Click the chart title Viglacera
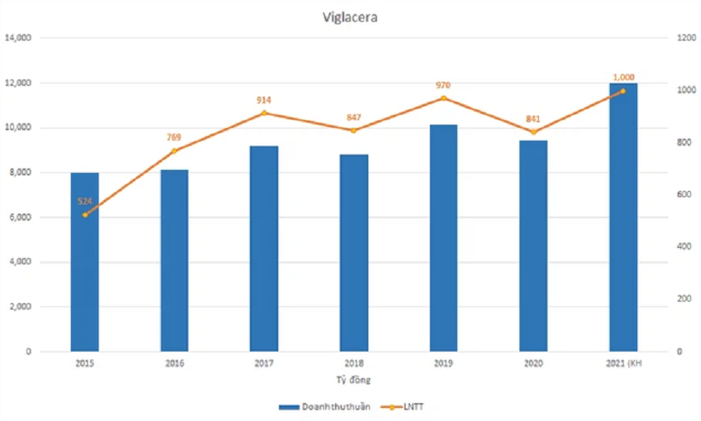coord(350,17)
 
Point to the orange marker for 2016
coord(174,150)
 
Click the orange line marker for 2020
coord(533,132)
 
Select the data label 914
coord(263,101)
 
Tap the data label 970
coord(443,85)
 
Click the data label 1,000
coord(623,77)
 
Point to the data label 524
coord(85,201)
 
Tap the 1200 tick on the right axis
coord(685,38)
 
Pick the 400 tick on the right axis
coord(683,247)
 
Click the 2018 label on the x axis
coord(354,363)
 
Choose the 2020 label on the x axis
coord(533,363)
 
